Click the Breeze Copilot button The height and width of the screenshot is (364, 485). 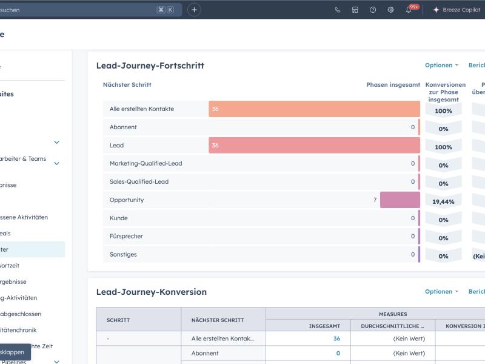click(456, 10)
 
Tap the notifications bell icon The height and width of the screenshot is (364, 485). click(409, 10)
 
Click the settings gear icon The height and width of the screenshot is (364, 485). click(390, 10)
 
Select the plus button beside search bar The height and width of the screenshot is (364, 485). click(194, 10)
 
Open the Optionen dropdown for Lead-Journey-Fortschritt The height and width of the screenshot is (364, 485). click(441, 66)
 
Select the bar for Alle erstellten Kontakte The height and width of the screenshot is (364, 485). click(314, 109)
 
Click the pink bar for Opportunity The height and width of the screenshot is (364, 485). click(400, 200)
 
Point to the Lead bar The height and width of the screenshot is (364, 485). click(314, 146)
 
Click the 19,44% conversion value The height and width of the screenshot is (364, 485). click(443, 201)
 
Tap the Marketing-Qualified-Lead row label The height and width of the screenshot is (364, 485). click(145, 164)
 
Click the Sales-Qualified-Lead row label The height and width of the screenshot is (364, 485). click(139, 182)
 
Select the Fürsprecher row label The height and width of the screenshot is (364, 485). click(126, 237)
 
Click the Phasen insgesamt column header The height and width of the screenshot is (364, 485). click(393, 85)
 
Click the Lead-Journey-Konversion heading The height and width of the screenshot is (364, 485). click(152, 292)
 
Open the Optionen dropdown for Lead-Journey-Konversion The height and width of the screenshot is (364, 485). click(441, 292)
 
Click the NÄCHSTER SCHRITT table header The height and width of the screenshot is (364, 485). click(218, 320)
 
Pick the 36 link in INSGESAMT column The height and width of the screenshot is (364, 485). click(336, 339)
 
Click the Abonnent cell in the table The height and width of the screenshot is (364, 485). click(205, 353)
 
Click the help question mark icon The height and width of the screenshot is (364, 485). click(373, 10)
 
